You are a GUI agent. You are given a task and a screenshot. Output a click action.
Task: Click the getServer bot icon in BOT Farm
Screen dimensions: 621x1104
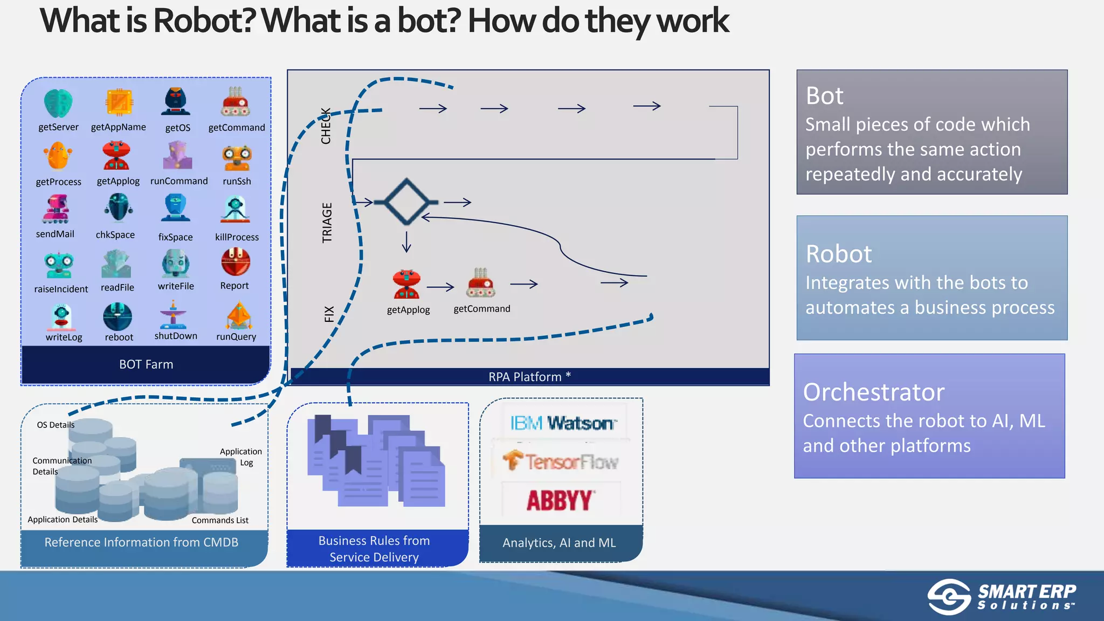(58, 103)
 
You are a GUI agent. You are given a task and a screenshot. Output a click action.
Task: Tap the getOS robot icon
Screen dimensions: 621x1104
(176, 102)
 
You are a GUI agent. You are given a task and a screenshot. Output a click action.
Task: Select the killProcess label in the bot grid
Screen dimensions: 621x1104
(237, 237)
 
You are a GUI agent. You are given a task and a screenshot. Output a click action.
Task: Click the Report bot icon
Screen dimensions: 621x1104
(236, 263)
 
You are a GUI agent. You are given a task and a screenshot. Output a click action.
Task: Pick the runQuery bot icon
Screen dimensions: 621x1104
(239, 316)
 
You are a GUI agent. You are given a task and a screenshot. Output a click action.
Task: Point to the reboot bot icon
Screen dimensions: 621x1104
(118, 317)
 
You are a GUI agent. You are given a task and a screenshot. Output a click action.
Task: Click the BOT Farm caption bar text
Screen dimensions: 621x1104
(146, 364)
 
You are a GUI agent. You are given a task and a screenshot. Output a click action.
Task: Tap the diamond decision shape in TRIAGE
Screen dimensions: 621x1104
(406, 202)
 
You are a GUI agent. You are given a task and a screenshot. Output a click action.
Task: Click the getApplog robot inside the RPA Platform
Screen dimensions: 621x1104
(406, 284)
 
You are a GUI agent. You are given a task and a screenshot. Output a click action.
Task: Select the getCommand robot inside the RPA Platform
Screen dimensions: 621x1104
(480, 283)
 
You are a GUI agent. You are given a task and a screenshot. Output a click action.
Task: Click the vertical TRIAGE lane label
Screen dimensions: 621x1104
(327, 223)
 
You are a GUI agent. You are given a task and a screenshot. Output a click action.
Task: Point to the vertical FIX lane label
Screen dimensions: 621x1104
(329, 314)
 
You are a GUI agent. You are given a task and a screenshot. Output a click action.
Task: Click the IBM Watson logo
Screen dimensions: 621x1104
(562, 423)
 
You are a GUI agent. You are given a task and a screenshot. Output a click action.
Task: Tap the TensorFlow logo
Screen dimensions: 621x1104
(561, 461)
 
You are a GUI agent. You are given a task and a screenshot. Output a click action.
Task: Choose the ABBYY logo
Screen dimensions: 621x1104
(561, 500)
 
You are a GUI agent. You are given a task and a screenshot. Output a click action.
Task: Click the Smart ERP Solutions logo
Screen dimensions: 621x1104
(1002, 597)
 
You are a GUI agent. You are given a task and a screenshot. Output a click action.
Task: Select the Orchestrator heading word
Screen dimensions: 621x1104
(873, 392)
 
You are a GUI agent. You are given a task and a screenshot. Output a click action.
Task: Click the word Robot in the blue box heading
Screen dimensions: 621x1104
(838, 254)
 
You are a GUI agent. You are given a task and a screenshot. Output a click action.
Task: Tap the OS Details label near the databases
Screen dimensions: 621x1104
(56, 425)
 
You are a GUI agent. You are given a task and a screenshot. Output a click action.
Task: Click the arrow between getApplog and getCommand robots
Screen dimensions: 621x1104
(440, 287)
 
